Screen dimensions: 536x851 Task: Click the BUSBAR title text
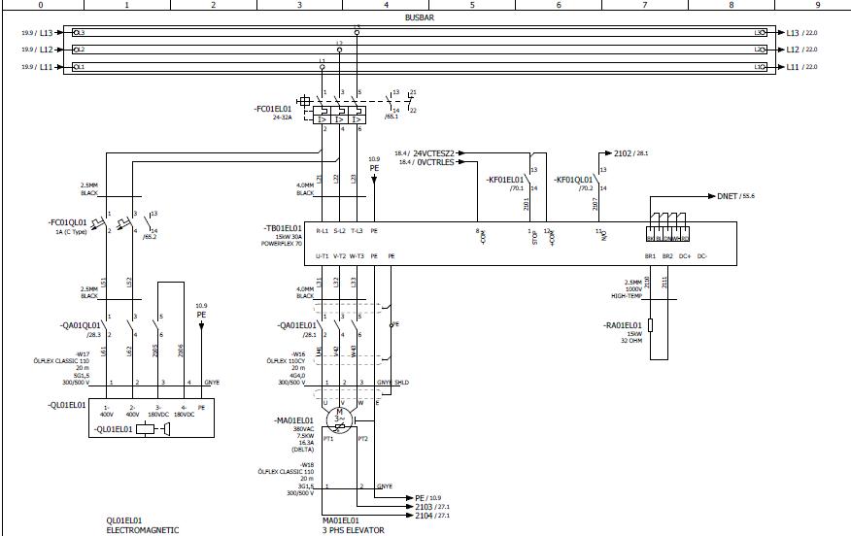420,17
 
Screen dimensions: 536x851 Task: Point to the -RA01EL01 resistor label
623,324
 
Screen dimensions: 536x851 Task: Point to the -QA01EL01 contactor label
298,325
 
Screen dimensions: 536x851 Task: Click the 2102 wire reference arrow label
623,153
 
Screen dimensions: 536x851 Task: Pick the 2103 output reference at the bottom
424,507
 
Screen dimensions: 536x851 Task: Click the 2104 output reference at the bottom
424,516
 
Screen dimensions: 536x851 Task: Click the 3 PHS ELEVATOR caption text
354,530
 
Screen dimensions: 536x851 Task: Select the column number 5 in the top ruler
472,4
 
